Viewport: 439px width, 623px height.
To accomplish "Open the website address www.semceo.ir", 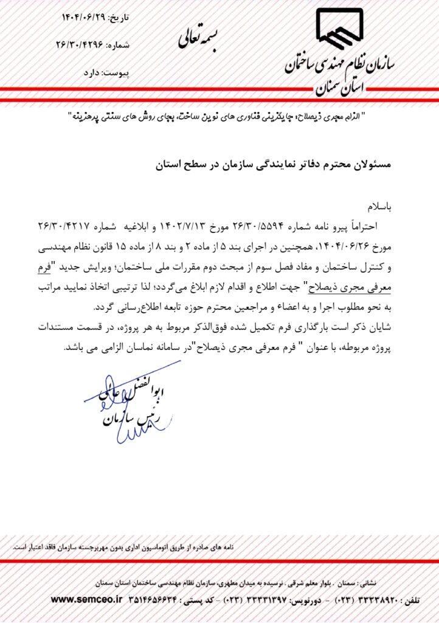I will coord(86,599).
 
